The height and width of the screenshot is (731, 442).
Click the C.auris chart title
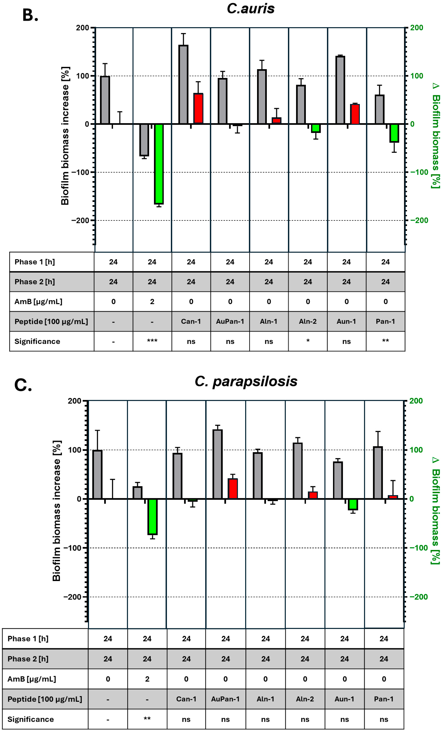point(250,9)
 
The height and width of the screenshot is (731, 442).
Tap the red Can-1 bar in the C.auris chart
point(198,109)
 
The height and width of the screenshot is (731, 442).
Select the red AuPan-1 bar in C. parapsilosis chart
point(233,489)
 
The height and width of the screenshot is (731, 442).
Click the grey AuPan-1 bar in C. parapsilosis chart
point(218,464)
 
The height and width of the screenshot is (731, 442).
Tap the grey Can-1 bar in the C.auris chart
point(183,85)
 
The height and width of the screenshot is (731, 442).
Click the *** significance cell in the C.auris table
point(152,341)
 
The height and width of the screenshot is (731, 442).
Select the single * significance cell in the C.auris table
point(308,341)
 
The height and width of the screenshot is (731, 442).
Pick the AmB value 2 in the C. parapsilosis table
point(147,679)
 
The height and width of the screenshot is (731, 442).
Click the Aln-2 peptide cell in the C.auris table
point(308,321)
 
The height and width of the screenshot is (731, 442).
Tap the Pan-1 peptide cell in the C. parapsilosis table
point(384,699)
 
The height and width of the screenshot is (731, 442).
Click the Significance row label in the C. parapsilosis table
point(31,719)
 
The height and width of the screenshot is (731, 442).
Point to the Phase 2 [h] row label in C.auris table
point(35,281)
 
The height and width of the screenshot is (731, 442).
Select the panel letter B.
point(30,15)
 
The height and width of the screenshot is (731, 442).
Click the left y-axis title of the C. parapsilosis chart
point(57,510)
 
